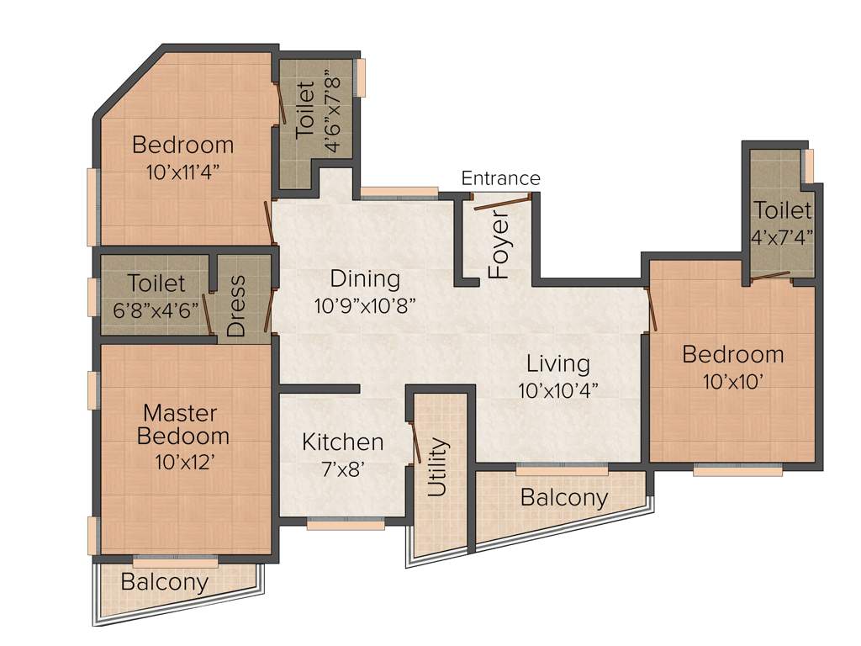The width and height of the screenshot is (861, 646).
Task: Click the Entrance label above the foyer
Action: (500, 178)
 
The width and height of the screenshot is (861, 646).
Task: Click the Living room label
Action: (558, 363)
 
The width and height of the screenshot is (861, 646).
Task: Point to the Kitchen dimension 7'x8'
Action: (342, 469)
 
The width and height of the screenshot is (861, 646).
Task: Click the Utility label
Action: (438, 468)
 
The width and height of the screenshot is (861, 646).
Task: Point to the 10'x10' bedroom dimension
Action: (732, 381)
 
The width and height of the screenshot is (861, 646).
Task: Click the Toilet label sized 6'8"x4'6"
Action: (156, 283)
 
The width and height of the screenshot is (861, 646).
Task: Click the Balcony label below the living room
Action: (563, 497)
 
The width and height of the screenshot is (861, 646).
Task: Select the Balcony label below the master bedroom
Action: (165, 581)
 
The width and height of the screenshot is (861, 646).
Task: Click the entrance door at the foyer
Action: (501, 201)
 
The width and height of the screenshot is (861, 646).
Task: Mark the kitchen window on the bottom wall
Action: (346, 523)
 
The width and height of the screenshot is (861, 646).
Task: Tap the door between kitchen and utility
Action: (415, 443)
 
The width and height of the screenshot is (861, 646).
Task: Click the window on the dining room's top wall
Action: (399, 193)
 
